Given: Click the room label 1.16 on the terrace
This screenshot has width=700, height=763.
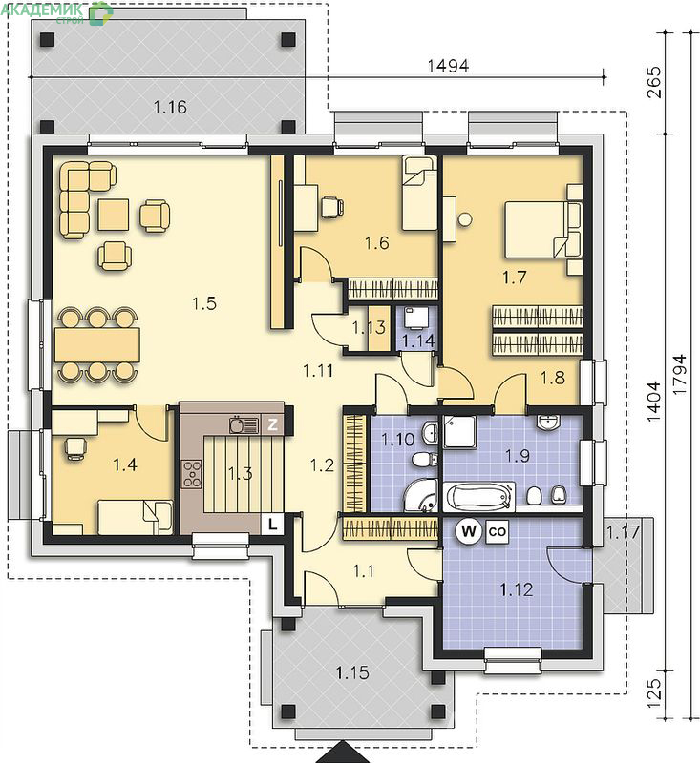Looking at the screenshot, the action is coord(170,107).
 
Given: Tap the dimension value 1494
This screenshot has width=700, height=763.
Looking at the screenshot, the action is coord(448,66).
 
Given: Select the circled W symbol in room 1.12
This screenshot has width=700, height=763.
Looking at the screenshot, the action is coord(468,530).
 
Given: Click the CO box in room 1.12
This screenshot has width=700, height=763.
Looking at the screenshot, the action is coord(497,531).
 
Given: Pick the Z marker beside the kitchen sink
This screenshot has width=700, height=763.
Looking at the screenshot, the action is coord(272,424).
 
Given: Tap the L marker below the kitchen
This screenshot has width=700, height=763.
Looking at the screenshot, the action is coord(273,524).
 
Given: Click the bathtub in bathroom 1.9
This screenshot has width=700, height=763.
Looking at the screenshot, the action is coord(479,497).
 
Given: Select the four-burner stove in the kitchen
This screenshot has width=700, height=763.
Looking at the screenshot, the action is coord(192,474).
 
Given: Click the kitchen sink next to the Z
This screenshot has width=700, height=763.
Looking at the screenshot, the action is coord(244,424).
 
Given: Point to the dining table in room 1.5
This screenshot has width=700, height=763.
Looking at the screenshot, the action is coord(97,344).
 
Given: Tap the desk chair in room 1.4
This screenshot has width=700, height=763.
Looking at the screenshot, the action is coord(75,447).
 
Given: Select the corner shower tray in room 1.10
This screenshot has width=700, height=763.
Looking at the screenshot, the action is coord(421,495).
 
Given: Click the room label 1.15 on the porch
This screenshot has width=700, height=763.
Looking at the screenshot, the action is coord(352,673).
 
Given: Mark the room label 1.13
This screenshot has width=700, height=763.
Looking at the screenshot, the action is coord(369,328).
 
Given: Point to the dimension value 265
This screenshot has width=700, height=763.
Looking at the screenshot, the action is coord(655,82).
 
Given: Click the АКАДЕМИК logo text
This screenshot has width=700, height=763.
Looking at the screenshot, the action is coord(42,9).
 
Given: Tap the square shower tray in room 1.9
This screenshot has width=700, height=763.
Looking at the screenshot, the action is coord(460,432).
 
